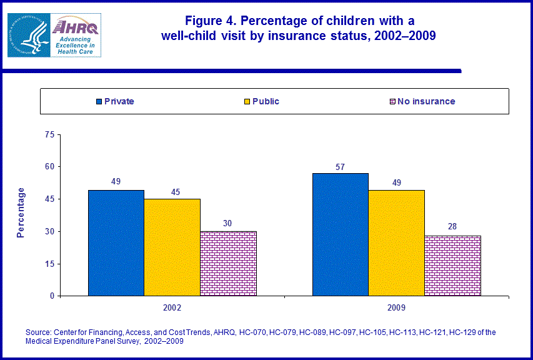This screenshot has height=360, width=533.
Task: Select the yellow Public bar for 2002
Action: point(172,247)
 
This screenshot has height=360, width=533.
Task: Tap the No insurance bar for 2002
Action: point(228,263)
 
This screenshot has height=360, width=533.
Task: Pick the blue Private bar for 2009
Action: point(340,234)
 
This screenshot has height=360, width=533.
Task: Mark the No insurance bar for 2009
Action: point(452,265)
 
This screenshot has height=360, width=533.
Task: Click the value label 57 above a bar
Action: point(340,167)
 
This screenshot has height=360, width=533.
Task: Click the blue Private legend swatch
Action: point(99,101)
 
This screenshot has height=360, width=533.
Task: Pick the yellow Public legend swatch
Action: point(247,101)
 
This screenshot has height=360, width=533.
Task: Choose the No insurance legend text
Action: point(427,101)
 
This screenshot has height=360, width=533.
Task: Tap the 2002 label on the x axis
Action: point(172,308)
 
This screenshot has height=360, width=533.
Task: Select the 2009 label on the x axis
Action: point(396,308)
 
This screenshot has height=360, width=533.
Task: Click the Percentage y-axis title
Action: point(21,212)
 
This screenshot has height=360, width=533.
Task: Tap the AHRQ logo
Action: point(54,35)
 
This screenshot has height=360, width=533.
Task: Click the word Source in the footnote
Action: point(38,332)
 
